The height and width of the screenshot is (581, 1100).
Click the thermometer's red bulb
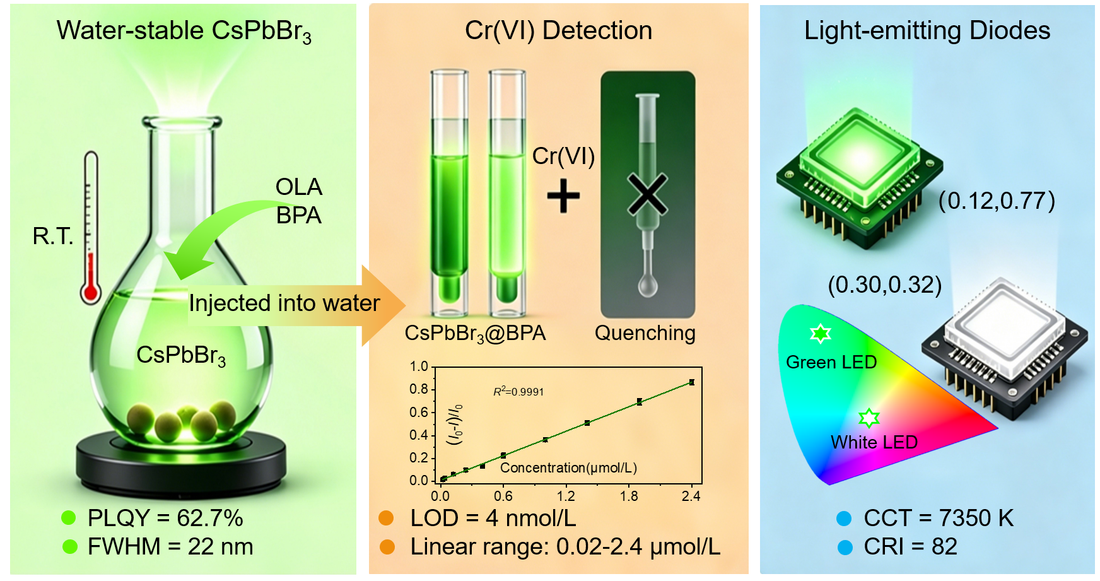[x=91, y=292]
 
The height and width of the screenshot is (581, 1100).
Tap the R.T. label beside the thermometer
[x=53, y=236]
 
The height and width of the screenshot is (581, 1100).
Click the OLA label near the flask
[x=299, y=187]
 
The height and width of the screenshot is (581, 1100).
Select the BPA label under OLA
[x=299, y=215]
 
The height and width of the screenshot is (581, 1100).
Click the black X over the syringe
[x=647, y=194]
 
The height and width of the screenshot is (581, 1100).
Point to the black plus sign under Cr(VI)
[x=563, y=196]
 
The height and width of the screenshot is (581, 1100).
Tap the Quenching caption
[x=645, y=332]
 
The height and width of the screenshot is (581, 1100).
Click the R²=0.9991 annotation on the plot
[x=518, y=391]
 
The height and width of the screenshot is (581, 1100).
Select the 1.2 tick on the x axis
[x=566, y=496]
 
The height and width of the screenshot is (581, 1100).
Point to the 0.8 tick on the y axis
[x=419, y=389]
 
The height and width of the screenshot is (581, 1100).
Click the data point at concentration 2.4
[x=692, y=382]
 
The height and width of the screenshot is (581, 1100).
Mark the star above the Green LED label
[x=820, y=333]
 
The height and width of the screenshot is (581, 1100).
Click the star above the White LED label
[x=869, y=417]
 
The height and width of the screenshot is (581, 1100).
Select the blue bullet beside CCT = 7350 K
[x=844, y=519]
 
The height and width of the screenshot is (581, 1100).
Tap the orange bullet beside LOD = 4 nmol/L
[x=387, y=519]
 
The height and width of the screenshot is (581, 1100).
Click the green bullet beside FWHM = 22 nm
[x=70, y=546]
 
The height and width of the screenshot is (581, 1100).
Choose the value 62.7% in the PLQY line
[x=210, y=518]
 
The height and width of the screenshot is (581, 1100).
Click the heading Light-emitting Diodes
[x=927, y=30]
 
